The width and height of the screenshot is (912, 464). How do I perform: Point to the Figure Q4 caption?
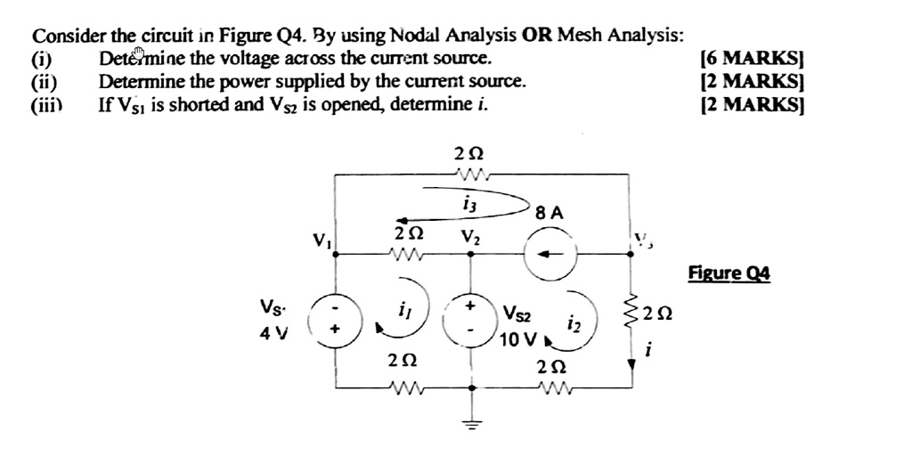pos(729,273)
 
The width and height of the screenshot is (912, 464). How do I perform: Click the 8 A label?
pos(550,213)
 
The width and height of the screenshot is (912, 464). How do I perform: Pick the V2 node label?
pos(470,238)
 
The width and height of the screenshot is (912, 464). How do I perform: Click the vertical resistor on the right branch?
pos(633,314)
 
